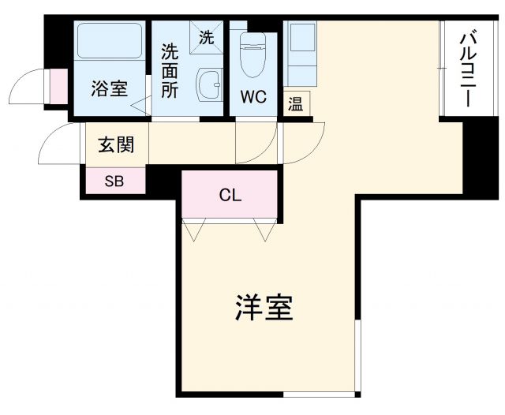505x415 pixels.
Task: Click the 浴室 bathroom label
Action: pyautogui.click(x=109, y=89)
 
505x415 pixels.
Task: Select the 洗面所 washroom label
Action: pyautogui.click(x=170, y=71)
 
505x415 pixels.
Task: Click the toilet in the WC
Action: pyautogui.click(x=252, y=55)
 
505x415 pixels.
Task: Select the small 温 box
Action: pyautogui.click(x=296, y=104)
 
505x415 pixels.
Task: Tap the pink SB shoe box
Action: pyautogui.click(x=115, y=180)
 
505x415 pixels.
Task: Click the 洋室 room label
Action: pyautogui.click(x=264, y=308)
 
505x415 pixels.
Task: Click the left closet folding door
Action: pyautogui.click(x=193, y=230)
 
